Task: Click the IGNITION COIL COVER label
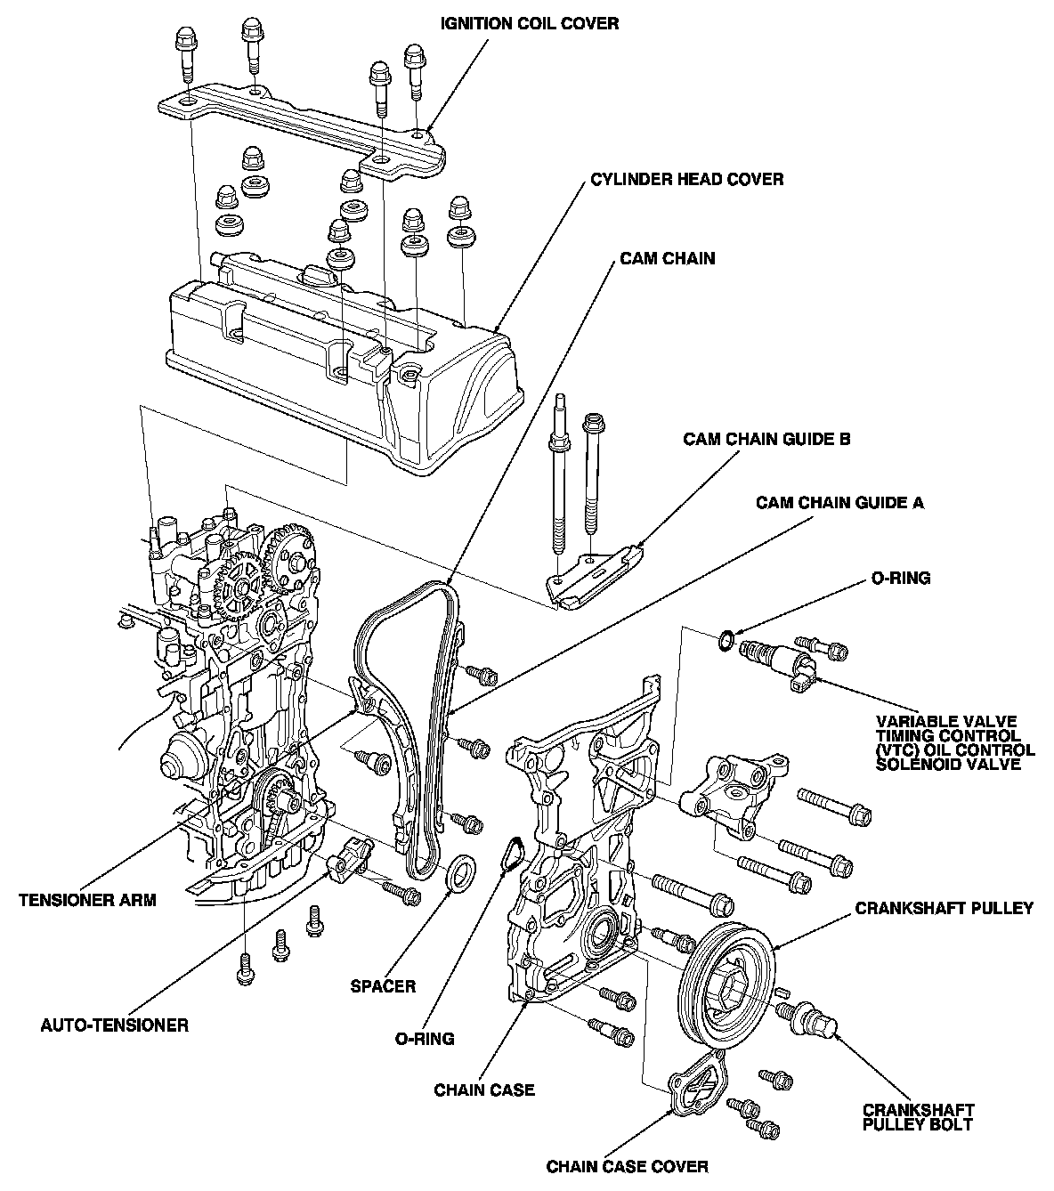click(x=530, y=24)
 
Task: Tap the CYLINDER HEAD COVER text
click(x=686, y=180)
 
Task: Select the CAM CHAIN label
click(x=668, y=259)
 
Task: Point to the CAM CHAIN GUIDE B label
click(x=766, y=439)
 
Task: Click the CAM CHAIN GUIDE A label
click(x=839, y=503)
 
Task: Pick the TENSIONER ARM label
click(x=87, y=899)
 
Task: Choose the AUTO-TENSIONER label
click(x=115, y=1025)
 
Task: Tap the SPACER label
click(x=383, y=986)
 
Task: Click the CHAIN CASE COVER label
click(x=628, y=1166)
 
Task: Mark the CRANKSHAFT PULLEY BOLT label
click(x=918, y=1117)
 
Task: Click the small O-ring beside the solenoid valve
click(x=727, y=638)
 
